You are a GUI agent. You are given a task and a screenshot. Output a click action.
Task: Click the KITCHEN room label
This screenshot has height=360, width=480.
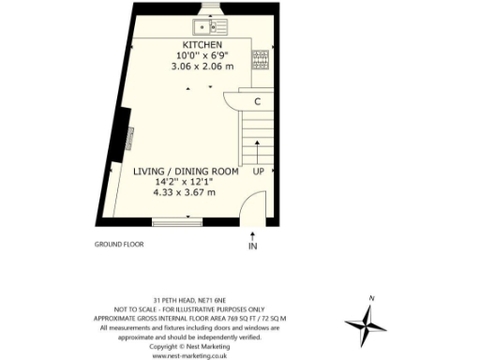(202, 45)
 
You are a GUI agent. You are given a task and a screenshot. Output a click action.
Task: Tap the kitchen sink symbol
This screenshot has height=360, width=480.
(205, 26)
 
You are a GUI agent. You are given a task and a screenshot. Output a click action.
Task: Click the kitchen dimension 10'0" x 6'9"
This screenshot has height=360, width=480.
(202, 56)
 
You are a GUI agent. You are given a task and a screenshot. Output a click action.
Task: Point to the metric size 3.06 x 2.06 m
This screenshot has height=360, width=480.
(202, 67)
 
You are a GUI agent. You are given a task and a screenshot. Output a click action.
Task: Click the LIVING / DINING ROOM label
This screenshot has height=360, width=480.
(185, 172)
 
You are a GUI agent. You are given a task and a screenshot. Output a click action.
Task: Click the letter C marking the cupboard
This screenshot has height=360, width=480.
(257, 101)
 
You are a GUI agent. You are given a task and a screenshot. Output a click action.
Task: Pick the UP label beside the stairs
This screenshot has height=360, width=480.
(258, 172)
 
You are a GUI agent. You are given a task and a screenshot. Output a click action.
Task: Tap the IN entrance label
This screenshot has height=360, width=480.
(252, 246)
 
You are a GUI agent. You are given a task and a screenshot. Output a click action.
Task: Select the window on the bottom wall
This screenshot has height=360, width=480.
(177, 222)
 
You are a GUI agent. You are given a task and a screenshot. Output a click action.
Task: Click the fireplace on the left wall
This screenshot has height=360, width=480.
(124, 141)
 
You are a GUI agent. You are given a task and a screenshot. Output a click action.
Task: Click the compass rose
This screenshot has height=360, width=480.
(366, 324)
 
